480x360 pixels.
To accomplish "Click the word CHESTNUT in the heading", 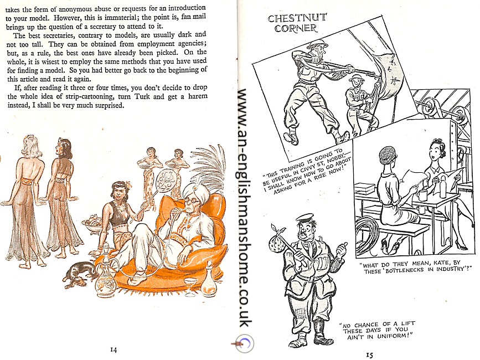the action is (297, 18).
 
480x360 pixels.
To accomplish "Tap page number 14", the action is (113, 350).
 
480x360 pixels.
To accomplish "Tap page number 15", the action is (369, 355).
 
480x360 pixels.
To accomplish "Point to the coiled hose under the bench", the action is (367, 236).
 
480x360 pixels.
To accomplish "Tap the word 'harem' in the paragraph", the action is (198, 96).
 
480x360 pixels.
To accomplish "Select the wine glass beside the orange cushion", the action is (190, 287).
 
